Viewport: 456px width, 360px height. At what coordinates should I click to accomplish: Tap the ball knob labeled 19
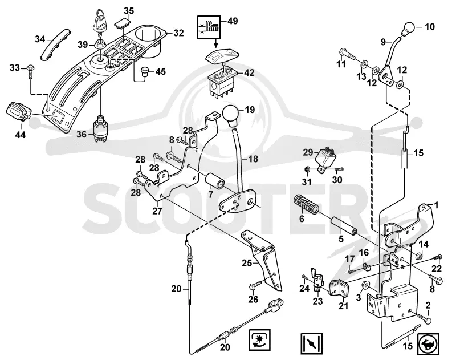click(231, 115)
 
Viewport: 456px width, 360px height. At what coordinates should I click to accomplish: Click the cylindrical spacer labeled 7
click(214, 183)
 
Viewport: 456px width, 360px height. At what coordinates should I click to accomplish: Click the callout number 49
click(233, 21)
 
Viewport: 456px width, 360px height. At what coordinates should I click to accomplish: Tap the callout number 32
click(179, 33)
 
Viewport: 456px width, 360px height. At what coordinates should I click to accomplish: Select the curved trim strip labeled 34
click(55, 44)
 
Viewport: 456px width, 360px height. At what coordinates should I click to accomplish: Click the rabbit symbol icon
click(428, 344)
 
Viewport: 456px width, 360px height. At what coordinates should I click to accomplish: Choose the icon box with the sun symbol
click(260, 340)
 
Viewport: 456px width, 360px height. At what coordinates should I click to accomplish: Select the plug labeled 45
click(145, 71)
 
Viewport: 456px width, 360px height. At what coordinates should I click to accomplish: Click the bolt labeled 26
click(255, 285)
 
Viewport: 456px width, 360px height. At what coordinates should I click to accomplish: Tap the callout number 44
click(20, 135)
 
